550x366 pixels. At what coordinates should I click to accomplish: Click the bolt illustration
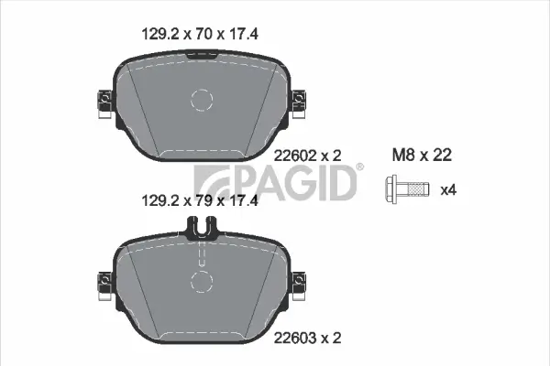406,190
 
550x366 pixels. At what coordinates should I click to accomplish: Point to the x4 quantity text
449,190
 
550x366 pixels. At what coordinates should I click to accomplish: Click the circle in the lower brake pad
203,282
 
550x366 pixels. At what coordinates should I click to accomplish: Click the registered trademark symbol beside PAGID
359,167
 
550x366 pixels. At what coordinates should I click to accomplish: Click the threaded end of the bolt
416,190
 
